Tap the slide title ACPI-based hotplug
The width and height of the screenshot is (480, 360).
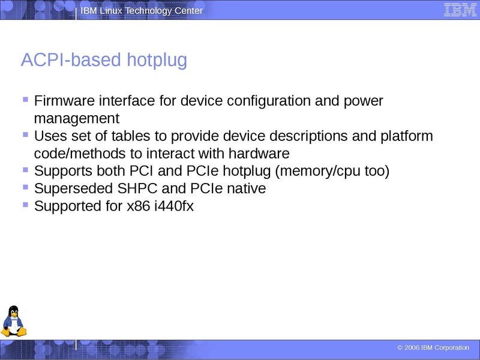click(x=104, y=60)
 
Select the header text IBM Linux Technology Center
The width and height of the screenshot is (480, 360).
click(x=142, y=11)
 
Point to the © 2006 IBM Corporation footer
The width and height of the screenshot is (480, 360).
click(x=433, y=348)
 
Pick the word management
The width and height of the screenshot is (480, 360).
click(x=77, y=118)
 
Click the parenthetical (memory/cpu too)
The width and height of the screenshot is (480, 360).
click(x=332, y=171)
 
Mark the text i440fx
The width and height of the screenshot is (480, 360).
click(x=173, y=206)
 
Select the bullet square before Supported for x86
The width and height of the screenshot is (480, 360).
click(x=25, y=205)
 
